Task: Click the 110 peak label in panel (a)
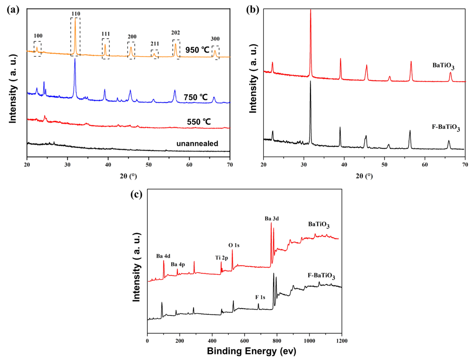point(75,14)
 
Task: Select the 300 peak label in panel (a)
point(215,39)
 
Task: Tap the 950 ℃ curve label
point(197,50)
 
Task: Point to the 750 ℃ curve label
point(196,97)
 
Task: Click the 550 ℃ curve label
point(199,122)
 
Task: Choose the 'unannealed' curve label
point(197,144)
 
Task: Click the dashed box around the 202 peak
point(176,48)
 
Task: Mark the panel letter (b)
point(253,10)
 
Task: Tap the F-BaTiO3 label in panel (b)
point(446,128)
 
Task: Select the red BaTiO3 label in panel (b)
point(443,66)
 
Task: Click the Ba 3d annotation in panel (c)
point(271,219)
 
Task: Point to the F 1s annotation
point(260,297)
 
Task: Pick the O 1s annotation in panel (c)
point(234,245)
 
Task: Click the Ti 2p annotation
point(222,258)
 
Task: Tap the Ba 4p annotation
point(178,264)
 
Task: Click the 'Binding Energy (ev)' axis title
point(251,351)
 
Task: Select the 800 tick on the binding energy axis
point(277,341)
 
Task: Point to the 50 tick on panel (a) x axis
point(149,165)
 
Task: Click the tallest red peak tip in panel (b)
point(311,10)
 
